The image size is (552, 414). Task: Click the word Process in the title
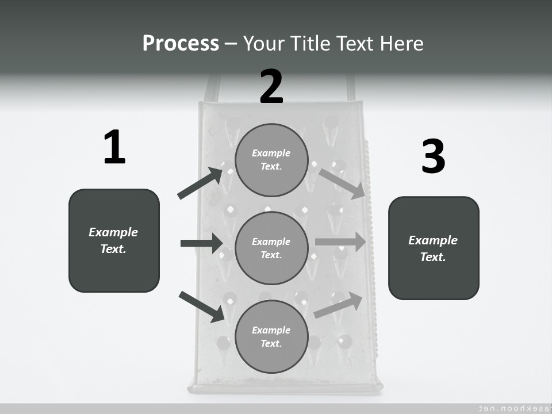[x=181, y=44]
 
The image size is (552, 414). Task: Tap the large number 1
[x=114, y=148]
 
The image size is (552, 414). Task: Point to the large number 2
[x=271, y=87]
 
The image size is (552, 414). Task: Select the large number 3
[x=433, y=157]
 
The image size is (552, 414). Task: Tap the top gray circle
[x=272, y=160]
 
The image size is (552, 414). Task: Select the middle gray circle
[x=272, y=248]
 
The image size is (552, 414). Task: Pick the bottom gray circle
[x=272, y=336]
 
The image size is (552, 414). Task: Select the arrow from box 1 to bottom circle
[x=201, y=306]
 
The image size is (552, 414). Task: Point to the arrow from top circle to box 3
[x=342, y=183]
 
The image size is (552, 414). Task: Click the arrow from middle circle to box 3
[x=340, y=241]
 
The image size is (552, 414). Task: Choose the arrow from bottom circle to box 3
[x=339, y=305]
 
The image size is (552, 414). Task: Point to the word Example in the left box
[x=113, y=232]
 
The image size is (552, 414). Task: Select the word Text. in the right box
[x=433, y=257]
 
